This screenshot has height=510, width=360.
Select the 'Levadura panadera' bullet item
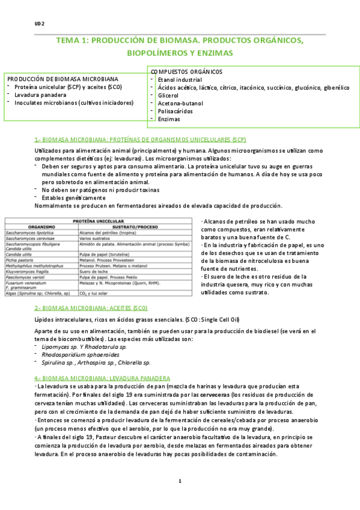pos(40,94)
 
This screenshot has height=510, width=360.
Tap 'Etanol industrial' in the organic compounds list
pos(179,79)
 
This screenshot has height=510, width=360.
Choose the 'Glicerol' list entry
pos(168,95)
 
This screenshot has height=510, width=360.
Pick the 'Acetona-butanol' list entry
pos(180,103)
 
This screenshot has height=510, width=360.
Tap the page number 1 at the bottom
pos(180,481)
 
